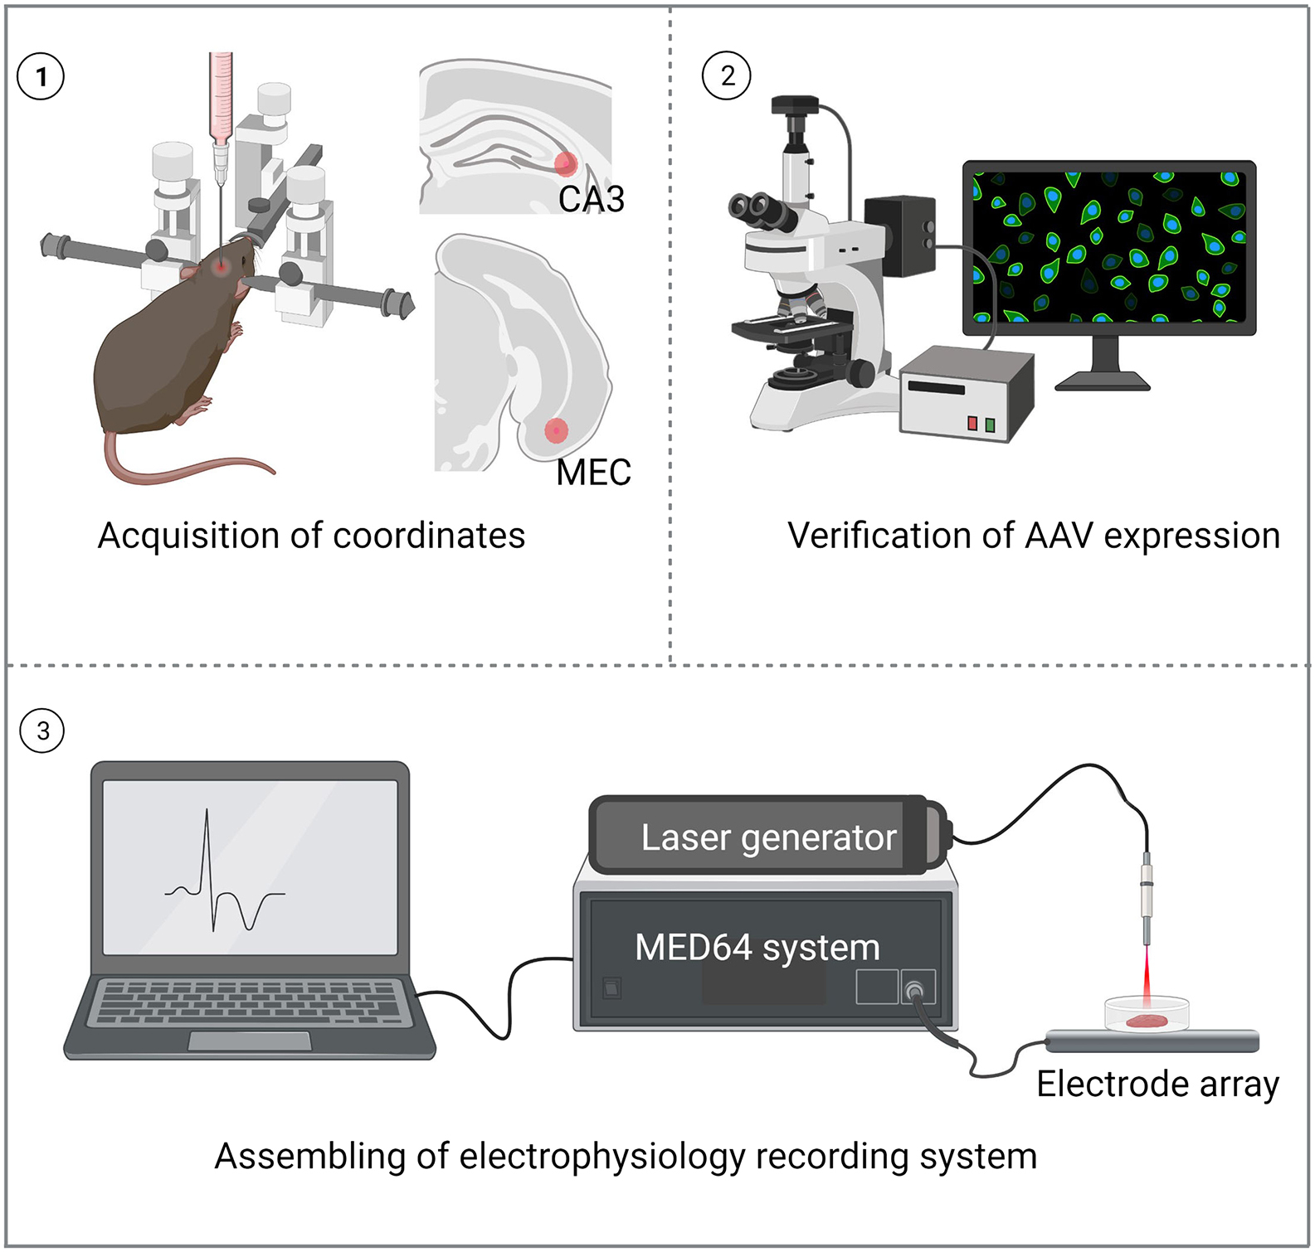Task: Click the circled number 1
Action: tap(40, 77)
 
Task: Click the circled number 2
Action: tap(726, 75)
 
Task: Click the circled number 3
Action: tap(41, 730)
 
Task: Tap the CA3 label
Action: tap(591, 199)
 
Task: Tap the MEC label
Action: tap(593, 473)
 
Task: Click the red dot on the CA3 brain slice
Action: tap(566, 163)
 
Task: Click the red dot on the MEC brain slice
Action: tap(556, 430)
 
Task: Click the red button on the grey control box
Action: tap(972, 424)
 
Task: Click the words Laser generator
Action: tap(768, 837)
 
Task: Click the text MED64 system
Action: tap(757, 947)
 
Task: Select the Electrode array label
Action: tap(1157, 1084)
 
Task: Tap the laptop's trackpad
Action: tap(249, 1041)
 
